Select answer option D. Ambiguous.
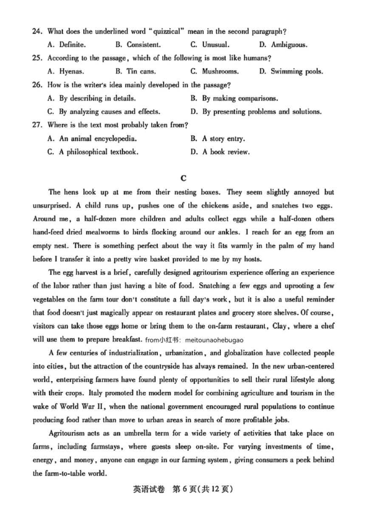(x=283, y=45)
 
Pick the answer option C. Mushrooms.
(x=214, y=71)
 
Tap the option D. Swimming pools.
(x=291, y=71)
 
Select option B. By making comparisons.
(x=234, y=98)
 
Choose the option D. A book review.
(x=220, y=152)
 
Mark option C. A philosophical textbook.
(x=93, y=152)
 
